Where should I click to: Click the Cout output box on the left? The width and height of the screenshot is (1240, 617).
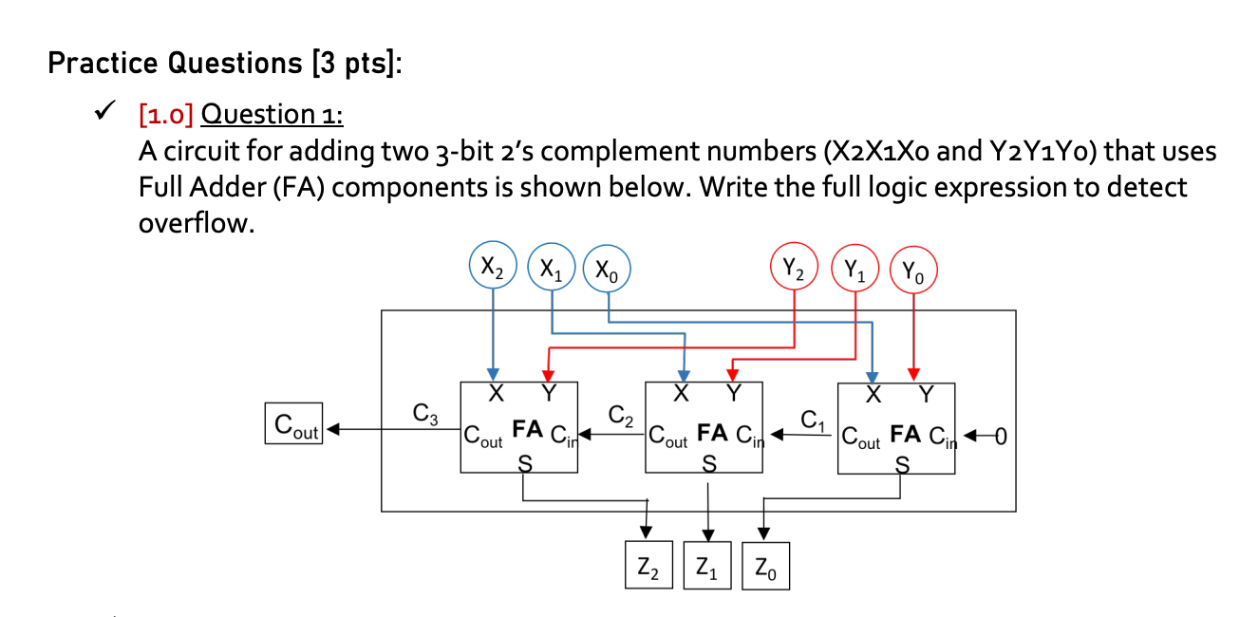[295, 424]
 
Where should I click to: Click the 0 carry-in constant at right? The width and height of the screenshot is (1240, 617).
[999, 438]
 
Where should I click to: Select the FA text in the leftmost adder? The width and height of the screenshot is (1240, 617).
[528, 430]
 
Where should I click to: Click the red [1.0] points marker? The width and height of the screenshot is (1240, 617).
[166, 115]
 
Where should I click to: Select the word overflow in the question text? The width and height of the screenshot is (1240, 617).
[196, 224]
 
